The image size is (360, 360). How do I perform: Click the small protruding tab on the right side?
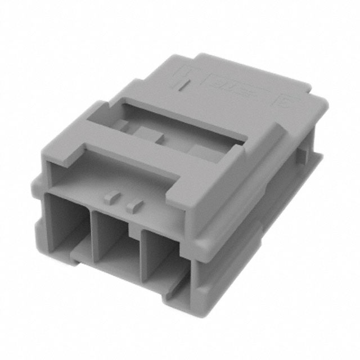pos(304,151)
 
